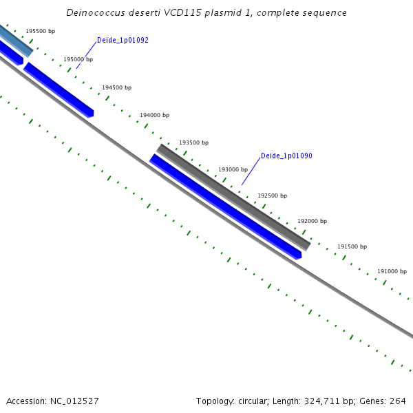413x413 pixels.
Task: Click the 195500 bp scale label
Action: (x=41, y=32)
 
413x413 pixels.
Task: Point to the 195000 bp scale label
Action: (x=78, y=60)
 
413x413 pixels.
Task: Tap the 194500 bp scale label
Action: (x=116, y=88)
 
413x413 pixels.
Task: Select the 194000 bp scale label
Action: (x=154, y=116)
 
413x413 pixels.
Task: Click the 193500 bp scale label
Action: (x=193, y=143)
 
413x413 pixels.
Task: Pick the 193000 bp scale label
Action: (x=233, y=169)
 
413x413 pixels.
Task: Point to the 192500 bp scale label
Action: (x=272, y=196)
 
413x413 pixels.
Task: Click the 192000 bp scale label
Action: (x=312, y=222)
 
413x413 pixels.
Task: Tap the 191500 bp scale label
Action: (x=352, y=247)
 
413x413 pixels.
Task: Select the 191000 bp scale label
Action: (x=392, y=272)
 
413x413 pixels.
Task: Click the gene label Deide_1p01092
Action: (x=123, y=41)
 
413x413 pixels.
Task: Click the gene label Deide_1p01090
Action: (x=286, y=156)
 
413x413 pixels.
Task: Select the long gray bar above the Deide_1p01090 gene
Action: (x=234, y=197)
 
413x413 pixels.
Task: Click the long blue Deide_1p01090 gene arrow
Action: (x=226, y=207)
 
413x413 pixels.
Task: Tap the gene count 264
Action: (x=398, y=401)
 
